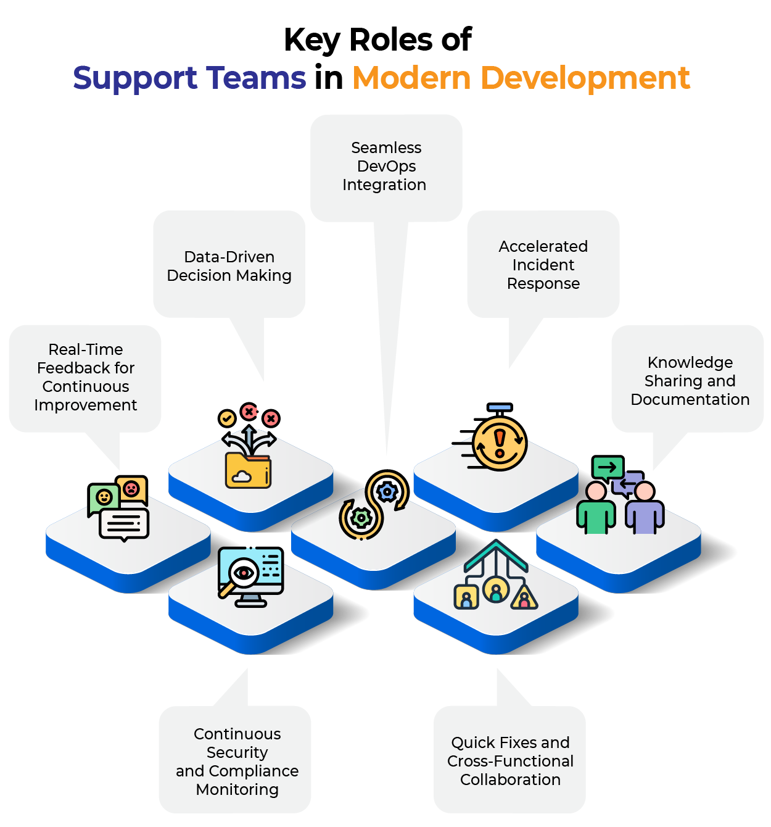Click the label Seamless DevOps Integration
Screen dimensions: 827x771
384,166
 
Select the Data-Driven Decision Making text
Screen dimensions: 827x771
229,266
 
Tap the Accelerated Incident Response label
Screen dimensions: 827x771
543,265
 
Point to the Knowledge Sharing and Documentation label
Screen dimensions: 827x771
690,381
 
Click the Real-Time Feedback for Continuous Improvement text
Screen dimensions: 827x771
86,377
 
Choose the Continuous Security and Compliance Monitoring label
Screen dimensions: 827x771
237,762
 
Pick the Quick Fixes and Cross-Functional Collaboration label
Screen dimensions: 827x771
510,761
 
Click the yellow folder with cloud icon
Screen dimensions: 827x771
248,470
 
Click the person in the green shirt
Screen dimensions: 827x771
596,509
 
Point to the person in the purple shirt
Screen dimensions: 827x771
645,509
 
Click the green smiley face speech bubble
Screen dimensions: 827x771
104,497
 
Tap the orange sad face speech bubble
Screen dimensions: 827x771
131,488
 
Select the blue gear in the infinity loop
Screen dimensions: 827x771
387,492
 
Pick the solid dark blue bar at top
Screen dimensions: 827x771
194,82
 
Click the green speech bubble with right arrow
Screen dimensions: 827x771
607,467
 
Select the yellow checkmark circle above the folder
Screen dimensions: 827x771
227,418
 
